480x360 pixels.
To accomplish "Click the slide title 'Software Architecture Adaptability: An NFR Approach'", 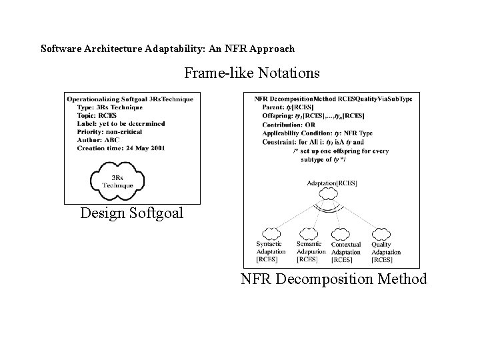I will pos(167,49).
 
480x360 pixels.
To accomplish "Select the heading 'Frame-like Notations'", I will pos(251,71).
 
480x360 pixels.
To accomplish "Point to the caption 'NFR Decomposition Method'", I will pos(333,279).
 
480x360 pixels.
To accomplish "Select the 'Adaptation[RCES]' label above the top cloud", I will pos(332,183).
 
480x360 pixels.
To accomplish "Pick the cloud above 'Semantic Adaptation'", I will pos(309,233).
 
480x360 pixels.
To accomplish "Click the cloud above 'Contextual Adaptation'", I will pos(345,233).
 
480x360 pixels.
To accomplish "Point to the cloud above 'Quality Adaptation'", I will pos(381,233).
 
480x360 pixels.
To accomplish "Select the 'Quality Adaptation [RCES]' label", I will pos(386,252).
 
